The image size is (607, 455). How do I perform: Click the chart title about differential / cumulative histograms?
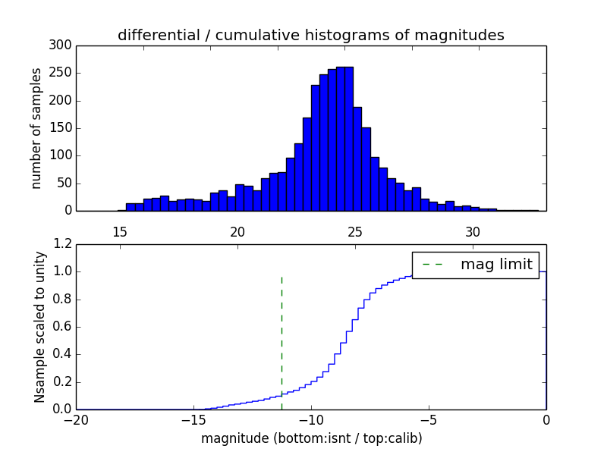310,35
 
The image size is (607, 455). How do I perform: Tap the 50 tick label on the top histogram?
64,184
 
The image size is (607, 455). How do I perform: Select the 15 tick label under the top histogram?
120,231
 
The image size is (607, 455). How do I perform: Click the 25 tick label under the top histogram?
355,231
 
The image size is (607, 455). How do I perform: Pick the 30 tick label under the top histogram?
473,231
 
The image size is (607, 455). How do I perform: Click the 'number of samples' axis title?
36,128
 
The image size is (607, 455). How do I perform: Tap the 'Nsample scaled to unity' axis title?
39,327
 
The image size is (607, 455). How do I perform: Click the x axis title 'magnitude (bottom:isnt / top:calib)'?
311,438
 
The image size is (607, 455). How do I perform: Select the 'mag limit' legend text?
496,264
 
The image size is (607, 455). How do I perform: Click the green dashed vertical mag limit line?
281,334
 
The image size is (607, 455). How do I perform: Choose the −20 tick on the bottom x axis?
76,419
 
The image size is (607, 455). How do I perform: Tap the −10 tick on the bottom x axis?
311,419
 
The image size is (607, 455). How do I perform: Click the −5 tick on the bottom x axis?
429,419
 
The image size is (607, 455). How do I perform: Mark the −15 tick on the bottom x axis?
193,419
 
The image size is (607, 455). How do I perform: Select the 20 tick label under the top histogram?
237,231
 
